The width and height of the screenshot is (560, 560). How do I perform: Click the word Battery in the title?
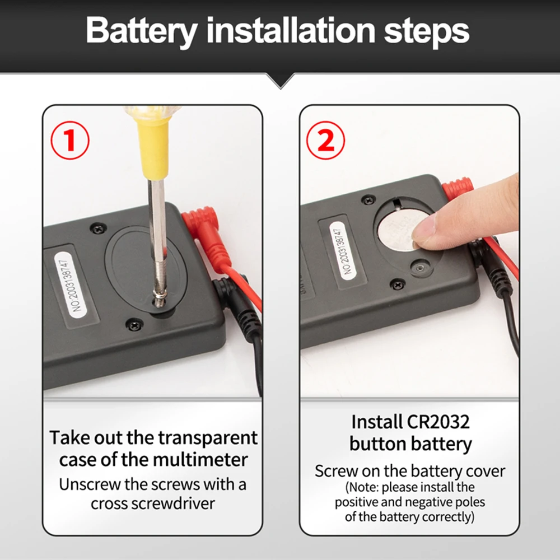click(x=142, y=31)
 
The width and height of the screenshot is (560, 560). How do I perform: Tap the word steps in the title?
click(x=426, y=32)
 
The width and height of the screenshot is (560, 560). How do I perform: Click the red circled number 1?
click(x=70, y=141)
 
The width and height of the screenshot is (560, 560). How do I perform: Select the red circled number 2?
click(x=326, y=141)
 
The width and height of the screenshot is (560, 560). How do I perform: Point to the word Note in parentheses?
click(x=363, y=487)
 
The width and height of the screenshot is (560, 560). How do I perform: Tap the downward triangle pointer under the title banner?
click(x=281, y=81)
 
